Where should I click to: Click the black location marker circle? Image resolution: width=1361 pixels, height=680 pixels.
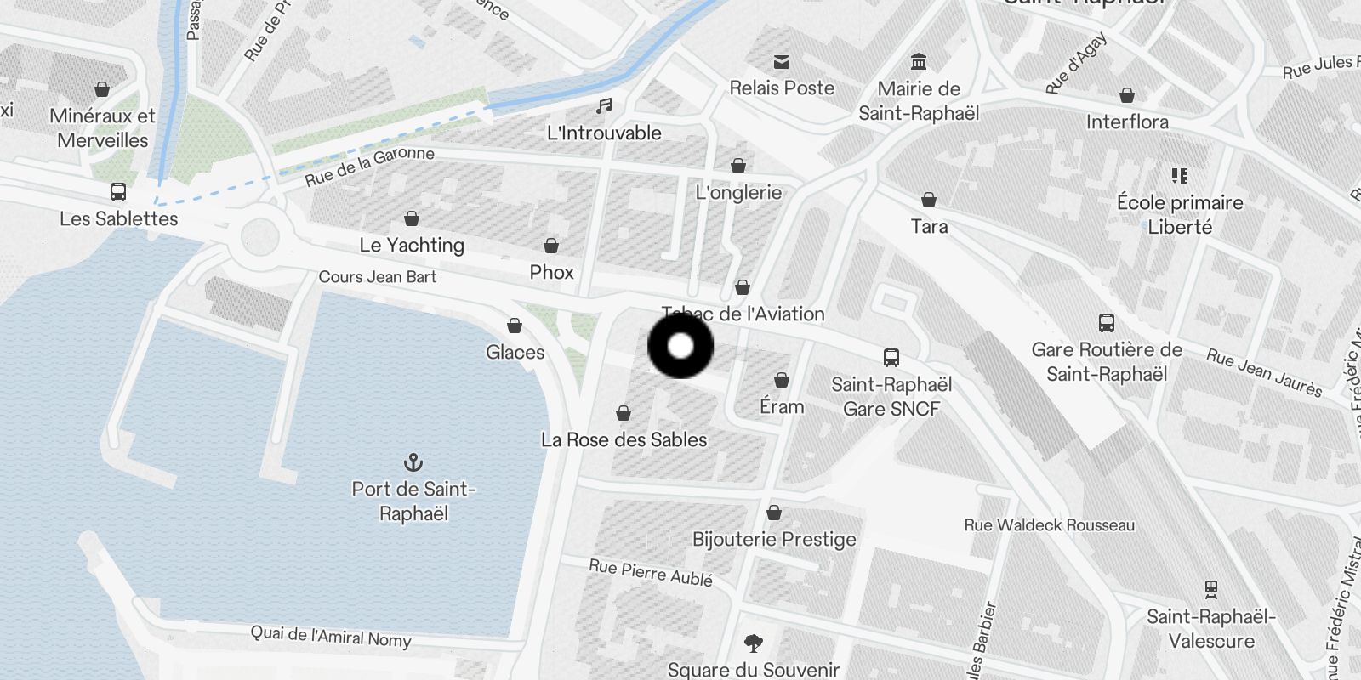click(x=680, y=346)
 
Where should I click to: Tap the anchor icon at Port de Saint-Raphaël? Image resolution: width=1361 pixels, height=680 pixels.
click(x=413, y=462)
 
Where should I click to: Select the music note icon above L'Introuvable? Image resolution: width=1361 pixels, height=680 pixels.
click(x=604, y=105)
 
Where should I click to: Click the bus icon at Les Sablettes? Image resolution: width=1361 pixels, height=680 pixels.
click(x=118, y=192)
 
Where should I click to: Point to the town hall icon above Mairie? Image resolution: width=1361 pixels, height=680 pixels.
click(x=919, y=62)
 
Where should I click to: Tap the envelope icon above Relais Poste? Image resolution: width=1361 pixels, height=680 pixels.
click(x=782, y=61)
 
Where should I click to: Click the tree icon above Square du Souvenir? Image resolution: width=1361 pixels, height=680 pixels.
click(x=753, y=643)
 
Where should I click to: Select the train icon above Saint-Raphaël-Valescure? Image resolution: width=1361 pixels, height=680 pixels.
click(x=1211, y=588)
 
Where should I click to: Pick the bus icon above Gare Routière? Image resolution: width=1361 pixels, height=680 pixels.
click(x=1106, y=323)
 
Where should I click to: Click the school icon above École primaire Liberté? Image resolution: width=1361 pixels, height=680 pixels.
click(x=1179, y=176)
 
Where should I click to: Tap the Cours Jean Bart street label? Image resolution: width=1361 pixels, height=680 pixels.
click(x=377, y=277)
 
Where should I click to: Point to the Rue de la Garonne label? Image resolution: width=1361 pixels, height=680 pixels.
click(x=369, y=166)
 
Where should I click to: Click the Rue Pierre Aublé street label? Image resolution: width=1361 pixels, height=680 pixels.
click(x=651, y=572)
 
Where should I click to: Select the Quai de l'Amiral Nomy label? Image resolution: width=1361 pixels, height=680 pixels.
click(x=330, y=636)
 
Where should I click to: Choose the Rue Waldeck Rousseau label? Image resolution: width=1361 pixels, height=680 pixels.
click(x=1049, y=525)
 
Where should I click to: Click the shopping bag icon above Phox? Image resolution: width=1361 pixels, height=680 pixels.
click(x=551, y=246)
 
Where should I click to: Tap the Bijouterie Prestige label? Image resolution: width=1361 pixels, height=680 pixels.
click(x=774, y=539)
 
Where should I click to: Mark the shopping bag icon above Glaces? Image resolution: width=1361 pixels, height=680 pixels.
click(x=515, y=326)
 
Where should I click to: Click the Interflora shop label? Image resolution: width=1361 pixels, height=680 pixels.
click(x=1127, y=122)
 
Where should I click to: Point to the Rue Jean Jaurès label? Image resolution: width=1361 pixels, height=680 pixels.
click(x=1264, y=373)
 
